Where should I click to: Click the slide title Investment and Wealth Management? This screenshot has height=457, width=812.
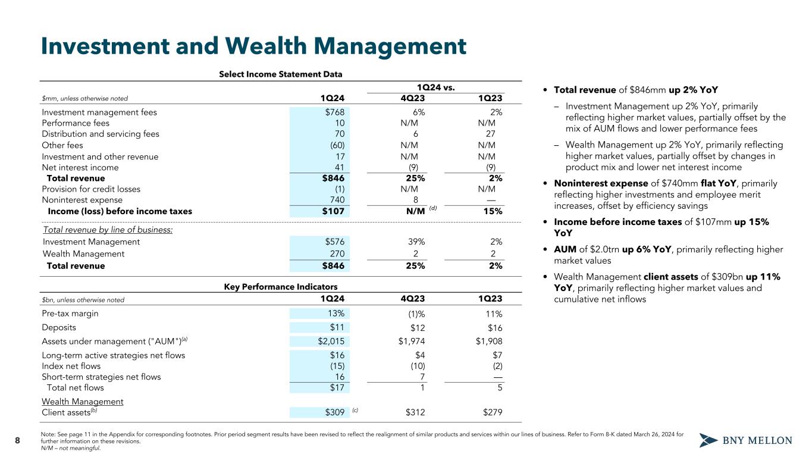(x=253, y=47)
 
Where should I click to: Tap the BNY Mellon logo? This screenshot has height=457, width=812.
(x=745, y=440)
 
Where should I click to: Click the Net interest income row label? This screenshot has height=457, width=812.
(x=80, y=168)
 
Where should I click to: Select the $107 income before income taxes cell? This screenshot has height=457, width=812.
(x=333, y=211)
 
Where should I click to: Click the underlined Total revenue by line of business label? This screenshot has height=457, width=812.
(x=108, y=230)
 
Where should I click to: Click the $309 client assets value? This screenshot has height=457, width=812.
(x=334, y=412)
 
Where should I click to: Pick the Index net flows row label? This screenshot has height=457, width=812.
(x=71, y=366)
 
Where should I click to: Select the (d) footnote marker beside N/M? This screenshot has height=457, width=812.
(x=433, y=208)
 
